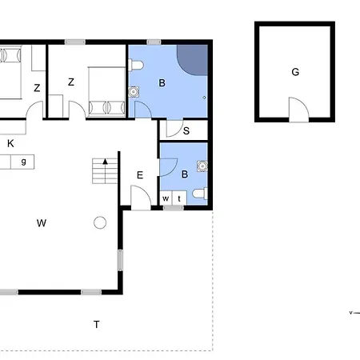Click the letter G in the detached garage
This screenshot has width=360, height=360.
tap(295, 72)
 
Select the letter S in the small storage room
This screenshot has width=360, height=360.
tap(186, 130)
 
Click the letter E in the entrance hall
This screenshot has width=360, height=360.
tap(140, 175)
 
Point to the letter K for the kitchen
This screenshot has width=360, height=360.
tap(10, 143)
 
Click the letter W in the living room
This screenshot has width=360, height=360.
tap(42, 223)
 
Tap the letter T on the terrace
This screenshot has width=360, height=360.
tap(96, 325)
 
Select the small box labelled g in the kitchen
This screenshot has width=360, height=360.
tap(22, 162)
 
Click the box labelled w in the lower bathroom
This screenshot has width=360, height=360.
tap(166, 198)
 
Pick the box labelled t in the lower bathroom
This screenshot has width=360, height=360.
tap(179, 198)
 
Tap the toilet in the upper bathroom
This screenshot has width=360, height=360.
tap(136, 65)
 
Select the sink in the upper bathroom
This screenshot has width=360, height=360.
tap(134, 92)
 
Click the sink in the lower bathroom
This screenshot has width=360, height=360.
tap(202, 166)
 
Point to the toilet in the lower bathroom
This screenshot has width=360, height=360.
tap(200, 193)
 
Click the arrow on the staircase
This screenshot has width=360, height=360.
tap(105, 170)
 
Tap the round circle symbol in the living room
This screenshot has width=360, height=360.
tap(100, 222)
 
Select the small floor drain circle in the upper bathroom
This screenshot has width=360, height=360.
tap(204, 98)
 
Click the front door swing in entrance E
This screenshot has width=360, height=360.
tap(141, 198)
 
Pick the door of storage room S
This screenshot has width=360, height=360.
tap(174, 128)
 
